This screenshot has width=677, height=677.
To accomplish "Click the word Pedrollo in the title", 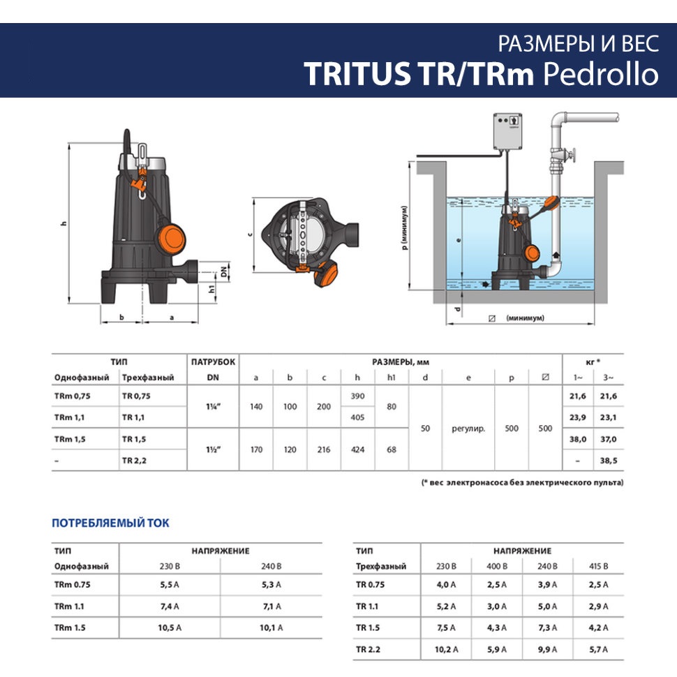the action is (x=601, y=74).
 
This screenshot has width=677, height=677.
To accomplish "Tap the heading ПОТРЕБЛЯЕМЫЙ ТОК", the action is (x=110, y=523).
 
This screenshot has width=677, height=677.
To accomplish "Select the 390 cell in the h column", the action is (x=357, y=396).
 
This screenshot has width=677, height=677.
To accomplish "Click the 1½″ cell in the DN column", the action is (x=214, y=449).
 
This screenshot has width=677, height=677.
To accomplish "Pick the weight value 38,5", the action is (x=609, y=461).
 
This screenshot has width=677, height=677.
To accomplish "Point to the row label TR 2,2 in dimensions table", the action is (x=134, y=461).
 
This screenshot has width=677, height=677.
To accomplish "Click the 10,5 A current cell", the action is (x=170, y=627).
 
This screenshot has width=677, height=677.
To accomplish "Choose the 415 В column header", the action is (x=598, y=566).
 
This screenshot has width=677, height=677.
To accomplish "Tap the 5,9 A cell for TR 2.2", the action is (x=497, y=649).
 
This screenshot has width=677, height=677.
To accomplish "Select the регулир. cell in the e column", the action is (x=468, y=429).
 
